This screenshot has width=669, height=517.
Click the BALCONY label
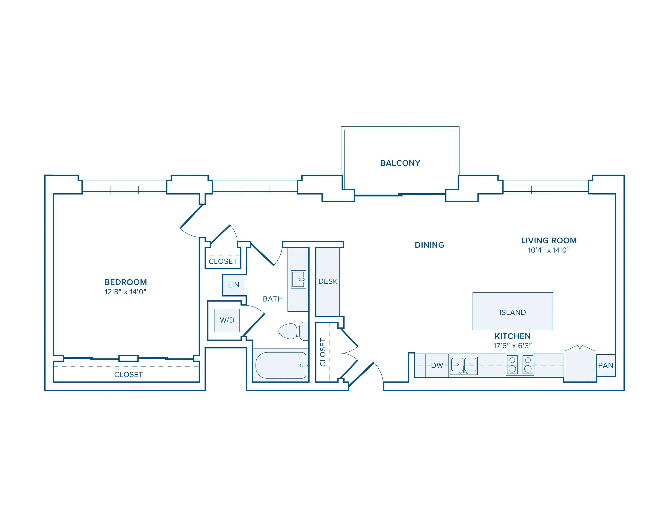click(x=400, y=163)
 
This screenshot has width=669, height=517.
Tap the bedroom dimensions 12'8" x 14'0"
click(x=125, y=292)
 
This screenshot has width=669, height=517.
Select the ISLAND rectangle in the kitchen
click(x=512, y=311)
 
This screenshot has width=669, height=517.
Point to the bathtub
click(x=281, y=365)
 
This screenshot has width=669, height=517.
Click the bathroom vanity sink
click(x=298, y=279)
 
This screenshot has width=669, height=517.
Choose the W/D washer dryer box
click(x=227, y=320)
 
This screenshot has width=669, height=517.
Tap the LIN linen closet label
click(x=233, y=285)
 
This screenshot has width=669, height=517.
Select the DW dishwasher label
click(x=437, y=365)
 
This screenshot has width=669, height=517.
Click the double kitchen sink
click(x=463, y=365)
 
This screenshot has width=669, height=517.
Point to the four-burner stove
click(x=520, y=364)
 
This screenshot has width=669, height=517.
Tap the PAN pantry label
click(x=606, y=365)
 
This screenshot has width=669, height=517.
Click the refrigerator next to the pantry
click(x=580, y=365)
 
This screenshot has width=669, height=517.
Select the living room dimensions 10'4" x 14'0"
click(x=549, y=250)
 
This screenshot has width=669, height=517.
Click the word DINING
click(x=429, y=245)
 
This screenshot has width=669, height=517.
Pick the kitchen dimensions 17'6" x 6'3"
click(x=512, y=346)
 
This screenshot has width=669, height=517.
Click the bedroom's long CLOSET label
click(x=128, y=374)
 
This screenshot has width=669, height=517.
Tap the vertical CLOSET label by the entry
click(x=322, y=352)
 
